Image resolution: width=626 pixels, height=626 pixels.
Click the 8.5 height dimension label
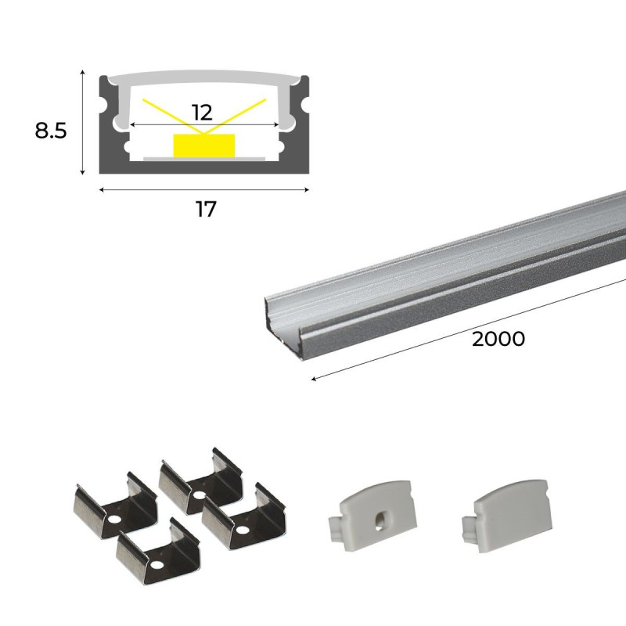pyautogui.click(x=50, y=130)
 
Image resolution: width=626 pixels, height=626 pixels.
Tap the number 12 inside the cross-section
pyautogui.click(x=202, y=112)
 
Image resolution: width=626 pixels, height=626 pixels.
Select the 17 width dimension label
pyautogui.click(x=205, y=210)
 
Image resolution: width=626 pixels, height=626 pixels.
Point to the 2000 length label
pyautogui.click(x=498, y=339)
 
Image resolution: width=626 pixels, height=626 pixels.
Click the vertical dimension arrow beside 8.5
pyautogui.click(x=82, y=121)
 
